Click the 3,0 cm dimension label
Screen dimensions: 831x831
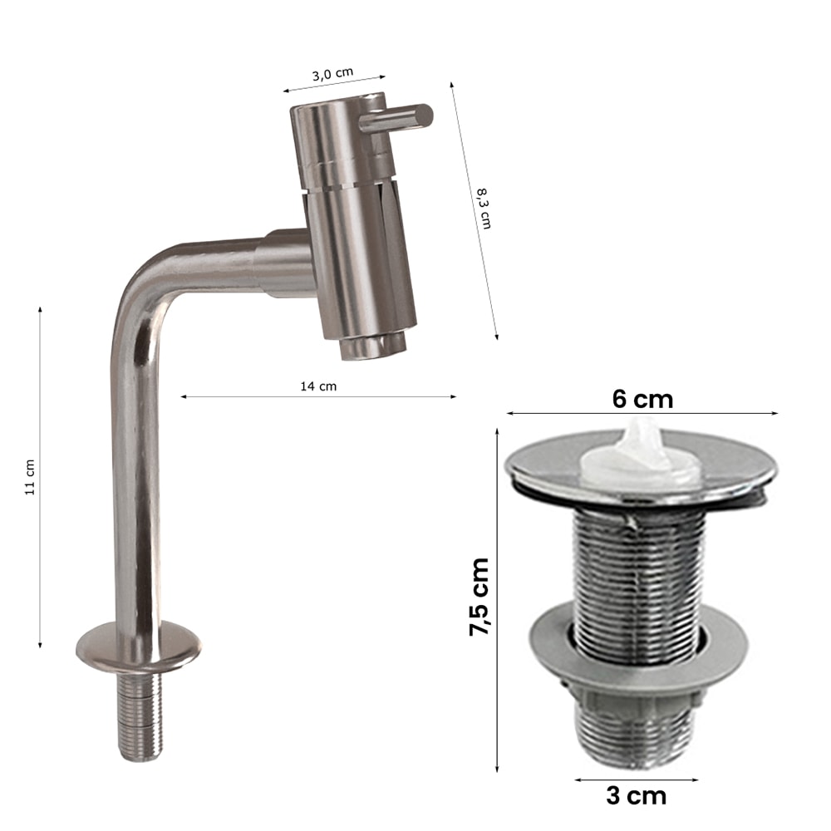pyautogui.click(x=332, y=74)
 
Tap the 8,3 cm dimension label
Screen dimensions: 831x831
pyautogui.click(x=484, y=209)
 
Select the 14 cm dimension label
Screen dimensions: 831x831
pyautogui.click(x=318, y=386)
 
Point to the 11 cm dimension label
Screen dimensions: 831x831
pyautogui.click(x=30, y=477)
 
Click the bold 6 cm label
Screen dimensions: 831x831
pyautogui.click(x=642, y=399)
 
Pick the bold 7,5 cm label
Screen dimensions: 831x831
pyautogui.click(x=479, y=596)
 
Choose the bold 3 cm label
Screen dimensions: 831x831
pyautogui.click(x=636, y=796)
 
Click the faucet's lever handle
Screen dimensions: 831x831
pyautogui.click(x=396, y=118)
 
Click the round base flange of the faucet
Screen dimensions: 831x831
pyautogui.click(x=139, y=645)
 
